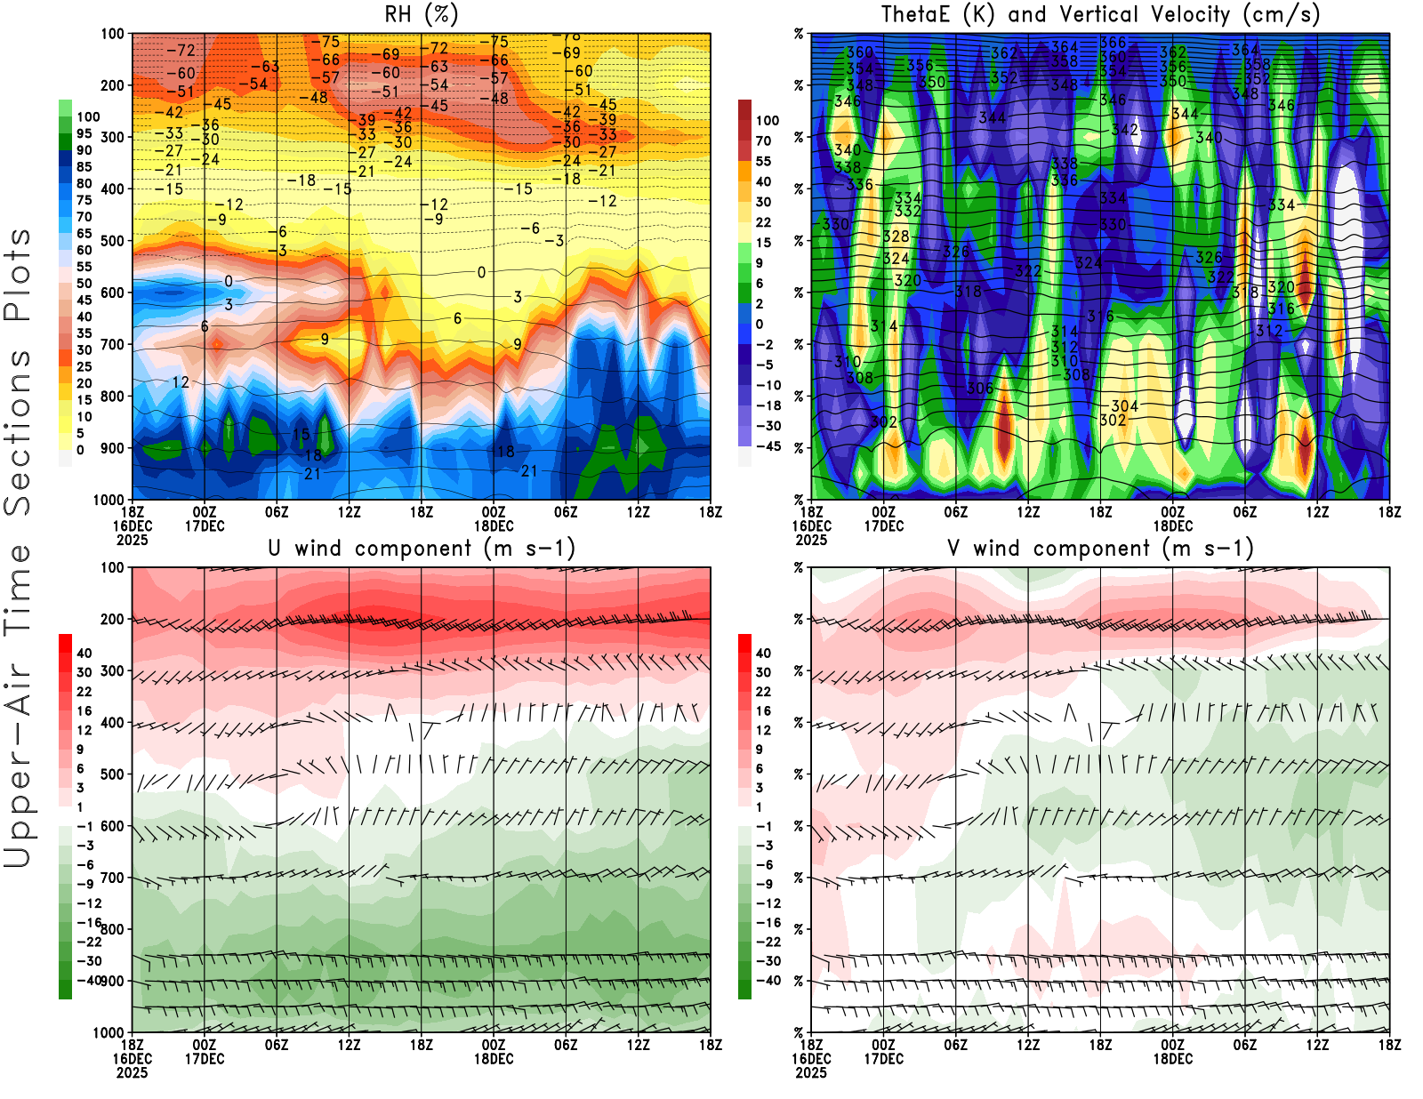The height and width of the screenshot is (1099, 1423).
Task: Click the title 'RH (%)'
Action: click(x=421, y=14)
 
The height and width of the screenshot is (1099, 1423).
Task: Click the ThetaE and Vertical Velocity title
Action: click(x=1100, y=14)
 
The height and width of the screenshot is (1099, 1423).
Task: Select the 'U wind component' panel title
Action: click(x=421, y=548)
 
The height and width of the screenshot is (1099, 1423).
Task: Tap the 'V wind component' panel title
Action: click(x=1100, y=548)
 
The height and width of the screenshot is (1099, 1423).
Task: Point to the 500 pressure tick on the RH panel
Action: click(x=112, y=241)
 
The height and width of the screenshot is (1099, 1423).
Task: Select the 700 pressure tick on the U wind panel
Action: click(x=112, y=878)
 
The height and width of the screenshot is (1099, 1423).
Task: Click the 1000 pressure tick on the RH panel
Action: click(x=109, y=500)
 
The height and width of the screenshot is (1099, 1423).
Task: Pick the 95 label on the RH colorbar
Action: click(x=84, y=133)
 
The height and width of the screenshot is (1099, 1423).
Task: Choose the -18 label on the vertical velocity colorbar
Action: click(x=767, y=405)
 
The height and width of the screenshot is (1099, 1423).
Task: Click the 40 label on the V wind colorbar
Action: click(x=763, y=653)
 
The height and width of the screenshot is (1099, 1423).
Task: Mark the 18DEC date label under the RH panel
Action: click(x=494, y=525)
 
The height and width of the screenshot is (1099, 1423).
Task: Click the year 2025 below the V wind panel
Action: click(x=810, y=1072)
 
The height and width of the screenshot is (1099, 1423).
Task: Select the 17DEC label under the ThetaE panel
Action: click(x=883, y=525)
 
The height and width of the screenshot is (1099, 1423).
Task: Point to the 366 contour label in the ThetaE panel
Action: click(x=1113, y=43)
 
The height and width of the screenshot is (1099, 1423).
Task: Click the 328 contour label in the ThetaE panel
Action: click(x=896, y=237)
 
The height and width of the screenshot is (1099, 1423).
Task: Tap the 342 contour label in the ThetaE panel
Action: click(x=1125, y=130)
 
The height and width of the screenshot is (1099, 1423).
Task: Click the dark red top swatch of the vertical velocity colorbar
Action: click(x=744, y=109)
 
